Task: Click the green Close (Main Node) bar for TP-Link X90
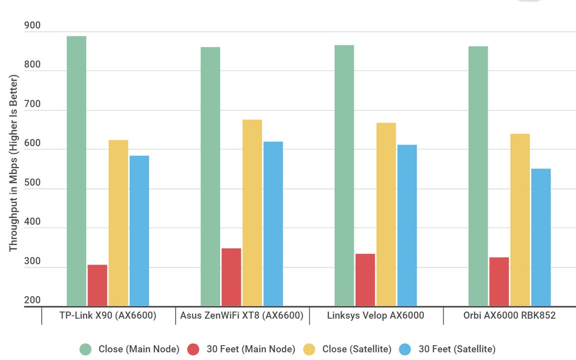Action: coord(76,171)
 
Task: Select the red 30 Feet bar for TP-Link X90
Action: coord(97,285)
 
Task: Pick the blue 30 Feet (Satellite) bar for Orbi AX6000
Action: coord(541,237)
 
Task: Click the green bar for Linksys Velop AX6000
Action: coord(344,176)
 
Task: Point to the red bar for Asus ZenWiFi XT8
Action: coord(231,277)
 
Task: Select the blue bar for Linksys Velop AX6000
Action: coord(407,225)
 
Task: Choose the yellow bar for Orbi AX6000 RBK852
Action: coord(520,220)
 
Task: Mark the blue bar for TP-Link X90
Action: coord(139,231)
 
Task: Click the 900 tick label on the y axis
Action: coord(32,26)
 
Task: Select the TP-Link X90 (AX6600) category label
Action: coord(108,316)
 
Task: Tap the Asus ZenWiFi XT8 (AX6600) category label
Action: coord(242,316)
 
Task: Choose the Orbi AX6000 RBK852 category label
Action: coord(509,316)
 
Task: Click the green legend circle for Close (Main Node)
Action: coord(86,349)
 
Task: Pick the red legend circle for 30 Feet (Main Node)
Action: coord(194,349)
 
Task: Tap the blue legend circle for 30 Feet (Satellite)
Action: coord(406,349)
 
